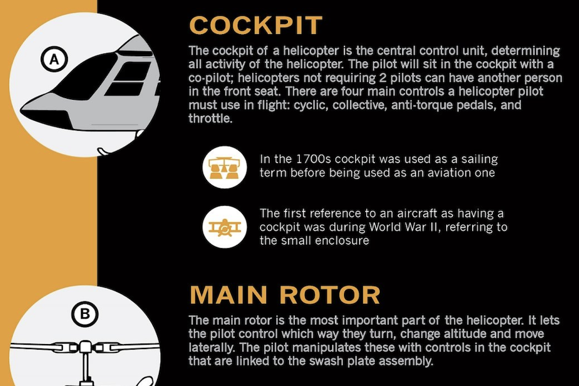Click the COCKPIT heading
coord(255,25)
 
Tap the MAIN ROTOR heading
coord(285,294)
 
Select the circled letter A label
coord(54,59)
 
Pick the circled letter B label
coord(84,314)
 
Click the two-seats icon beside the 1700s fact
coord(224,167)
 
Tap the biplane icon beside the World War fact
coord(224,227)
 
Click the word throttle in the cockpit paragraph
coord(210,119)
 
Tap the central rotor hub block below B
coord(85,347)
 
